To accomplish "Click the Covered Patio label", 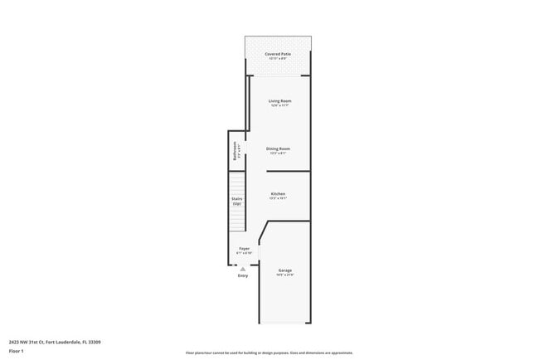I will pos(279,54).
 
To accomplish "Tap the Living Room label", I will pos(279,100).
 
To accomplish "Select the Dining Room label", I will pos(278,148).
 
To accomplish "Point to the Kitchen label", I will pos(278,194).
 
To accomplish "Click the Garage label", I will pos(284,270).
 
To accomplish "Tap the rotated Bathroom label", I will pos(235,152).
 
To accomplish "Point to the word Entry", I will pos(243,275).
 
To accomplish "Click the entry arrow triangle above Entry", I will pos(243,269).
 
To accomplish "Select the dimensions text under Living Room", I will pos(279,105).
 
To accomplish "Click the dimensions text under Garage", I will pos(284,275).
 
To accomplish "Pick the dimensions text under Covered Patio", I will pos(279,59).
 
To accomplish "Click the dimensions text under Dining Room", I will pos(278,153).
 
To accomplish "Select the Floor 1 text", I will pos(17,351).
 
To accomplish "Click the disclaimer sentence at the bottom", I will pos(269,353).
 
